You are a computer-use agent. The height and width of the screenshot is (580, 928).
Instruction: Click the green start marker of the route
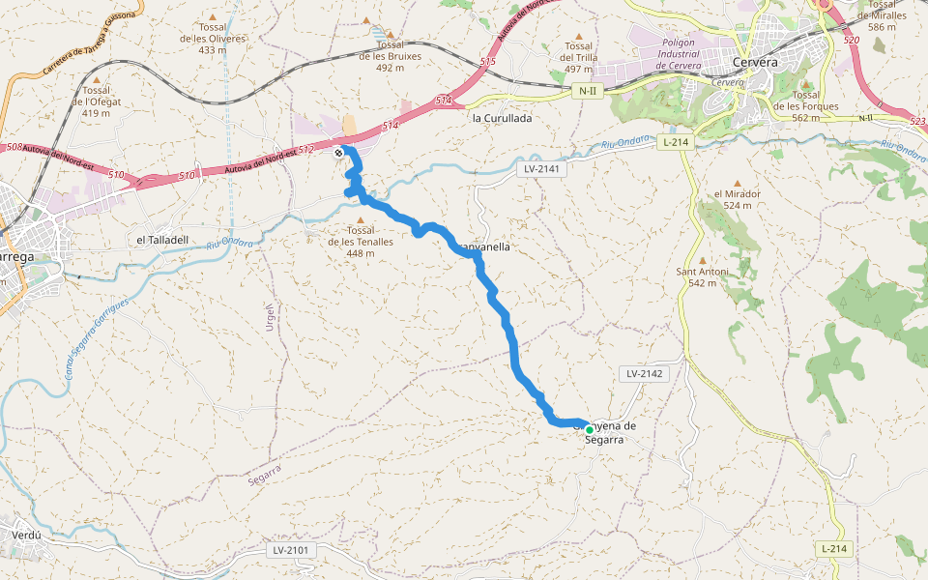589,429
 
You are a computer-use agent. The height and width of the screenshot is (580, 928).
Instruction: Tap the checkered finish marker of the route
338,153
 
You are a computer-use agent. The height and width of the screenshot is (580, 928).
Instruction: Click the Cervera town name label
756,62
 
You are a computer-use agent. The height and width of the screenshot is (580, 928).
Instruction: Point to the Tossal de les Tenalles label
361,242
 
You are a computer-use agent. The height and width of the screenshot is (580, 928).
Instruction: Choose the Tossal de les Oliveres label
213,39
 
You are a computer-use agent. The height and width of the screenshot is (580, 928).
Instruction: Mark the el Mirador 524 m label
738,199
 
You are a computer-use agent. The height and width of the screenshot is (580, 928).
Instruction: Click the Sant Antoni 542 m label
703,277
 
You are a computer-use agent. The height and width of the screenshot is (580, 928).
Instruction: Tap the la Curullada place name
502,118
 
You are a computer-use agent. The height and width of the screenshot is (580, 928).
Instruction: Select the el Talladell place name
160,240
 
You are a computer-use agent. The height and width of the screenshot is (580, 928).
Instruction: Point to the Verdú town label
25,534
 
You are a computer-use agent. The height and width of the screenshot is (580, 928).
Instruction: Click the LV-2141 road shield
542,168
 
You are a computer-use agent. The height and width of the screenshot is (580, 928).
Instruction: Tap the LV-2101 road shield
290,550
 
